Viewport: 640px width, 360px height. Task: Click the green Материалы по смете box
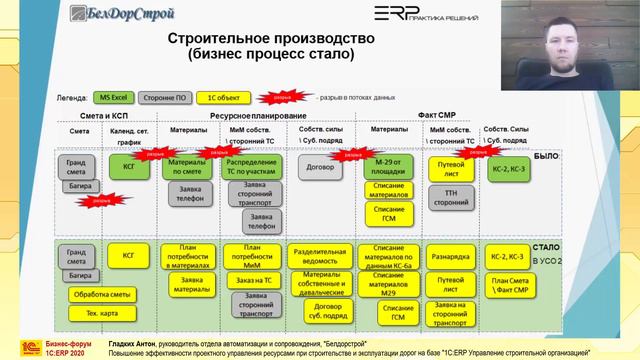pyautogui.click(x=186, y=166)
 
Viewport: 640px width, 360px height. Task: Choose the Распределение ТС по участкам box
pyautogui.click(x=250, y=166)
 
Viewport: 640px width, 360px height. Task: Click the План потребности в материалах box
pyautogui.click(x=186, y=255)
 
